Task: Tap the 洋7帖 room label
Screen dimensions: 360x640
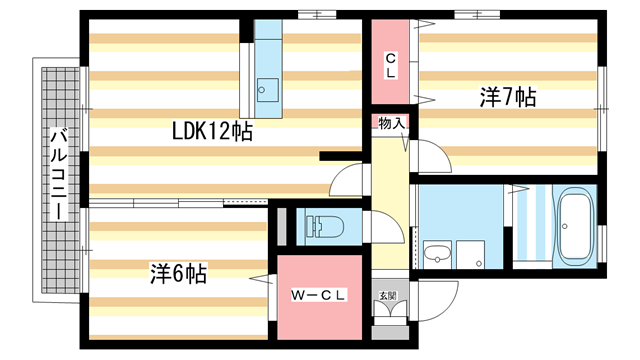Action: (507, 97)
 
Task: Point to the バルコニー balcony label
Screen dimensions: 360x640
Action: (58, 176)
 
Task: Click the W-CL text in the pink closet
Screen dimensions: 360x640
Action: (319, 295)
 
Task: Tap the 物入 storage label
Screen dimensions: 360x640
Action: (391, 123)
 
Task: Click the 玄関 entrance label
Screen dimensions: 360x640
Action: (387, 294)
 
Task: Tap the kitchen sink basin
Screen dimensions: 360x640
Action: (267, 88)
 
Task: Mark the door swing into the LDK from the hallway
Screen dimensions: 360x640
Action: (346, 181)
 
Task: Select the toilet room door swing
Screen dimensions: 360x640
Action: (382, 224)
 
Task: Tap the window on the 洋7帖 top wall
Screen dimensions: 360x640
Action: (470, 15)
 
